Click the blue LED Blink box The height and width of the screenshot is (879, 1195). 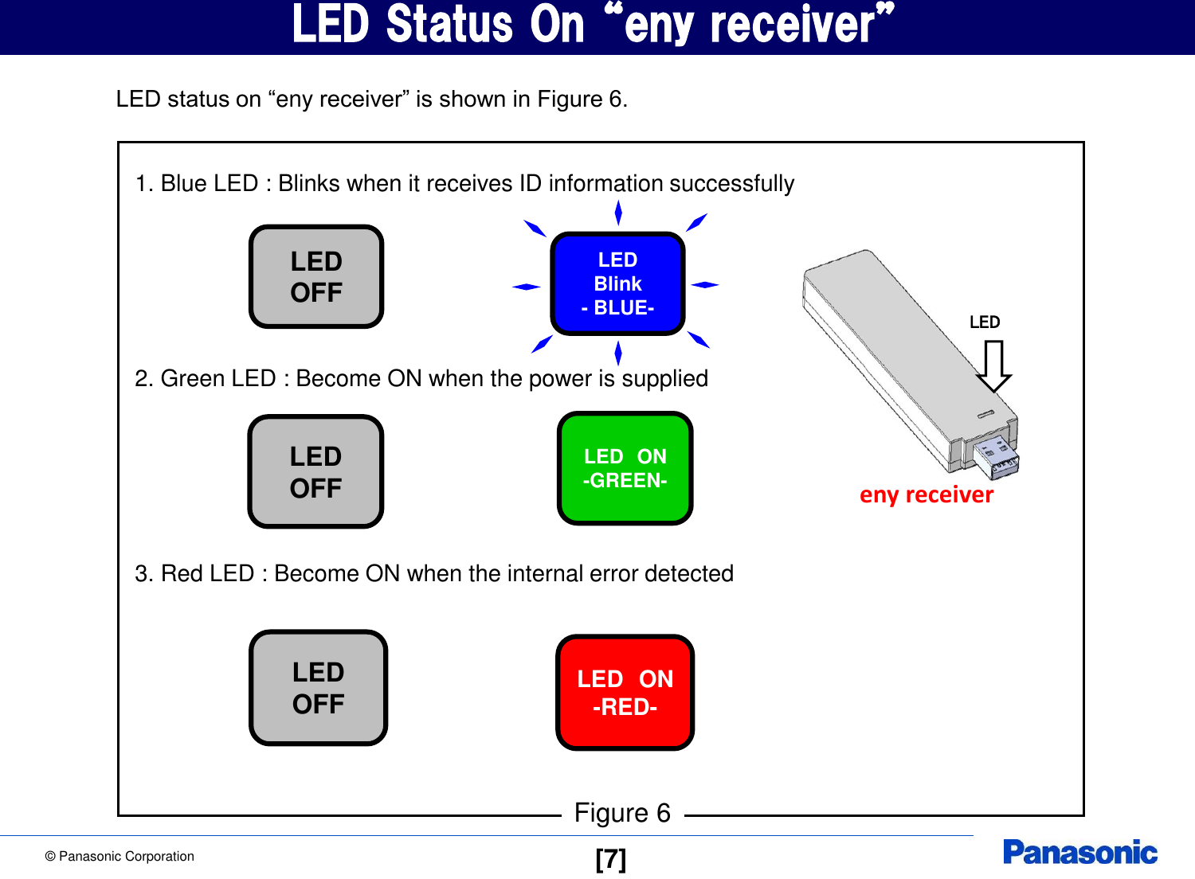617,284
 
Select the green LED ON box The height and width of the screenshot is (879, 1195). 625,468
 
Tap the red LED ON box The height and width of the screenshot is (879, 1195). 625,692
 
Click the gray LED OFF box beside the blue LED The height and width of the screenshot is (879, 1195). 316,276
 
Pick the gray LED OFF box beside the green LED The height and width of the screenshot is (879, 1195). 316,471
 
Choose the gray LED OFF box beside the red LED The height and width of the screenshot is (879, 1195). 318,688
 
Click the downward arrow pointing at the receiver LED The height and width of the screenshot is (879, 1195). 993,366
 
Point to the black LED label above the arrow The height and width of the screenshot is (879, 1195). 985,322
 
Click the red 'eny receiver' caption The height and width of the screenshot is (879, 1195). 927,495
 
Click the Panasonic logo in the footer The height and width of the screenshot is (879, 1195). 1079,853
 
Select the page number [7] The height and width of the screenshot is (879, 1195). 611,859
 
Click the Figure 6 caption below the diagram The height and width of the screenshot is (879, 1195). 622,813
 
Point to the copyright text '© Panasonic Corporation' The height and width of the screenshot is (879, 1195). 119,857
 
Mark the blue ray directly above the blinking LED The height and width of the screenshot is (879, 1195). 618,213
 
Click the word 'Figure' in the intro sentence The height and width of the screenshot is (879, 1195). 570,100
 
